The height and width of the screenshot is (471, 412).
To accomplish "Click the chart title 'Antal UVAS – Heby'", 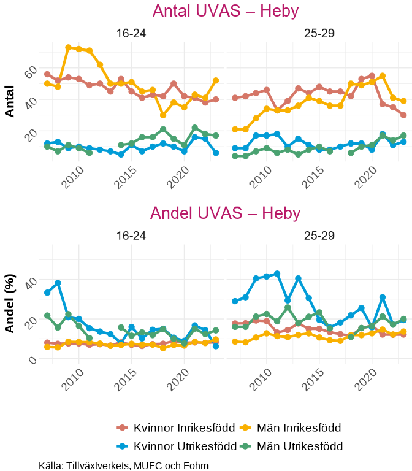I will pos(225,12).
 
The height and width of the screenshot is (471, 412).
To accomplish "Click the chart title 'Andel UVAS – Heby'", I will pos(225,213).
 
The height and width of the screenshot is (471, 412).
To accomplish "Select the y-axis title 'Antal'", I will pos(10,101).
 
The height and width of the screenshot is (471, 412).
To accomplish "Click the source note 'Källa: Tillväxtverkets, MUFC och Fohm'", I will pos(123,465).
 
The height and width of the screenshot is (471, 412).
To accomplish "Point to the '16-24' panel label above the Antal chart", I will pos(131,34).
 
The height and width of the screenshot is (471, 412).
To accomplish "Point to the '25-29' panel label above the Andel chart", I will pos(319,236).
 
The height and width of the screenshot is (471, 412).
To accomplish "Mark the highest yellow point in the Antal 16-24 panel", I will pos(68,47).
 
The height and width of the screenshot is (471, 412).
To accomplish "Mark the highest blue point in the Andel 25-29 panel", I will pos(277,274).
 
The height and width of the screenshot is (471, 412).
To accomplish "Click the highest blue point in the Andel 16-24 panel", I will pos(58,283).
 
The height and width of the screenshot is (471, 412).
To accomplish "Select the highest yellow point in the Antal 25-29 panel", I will pos(383,76).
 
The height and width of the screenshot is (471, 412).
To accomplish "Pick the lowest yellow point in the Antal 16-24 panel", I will pos(163,115).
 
